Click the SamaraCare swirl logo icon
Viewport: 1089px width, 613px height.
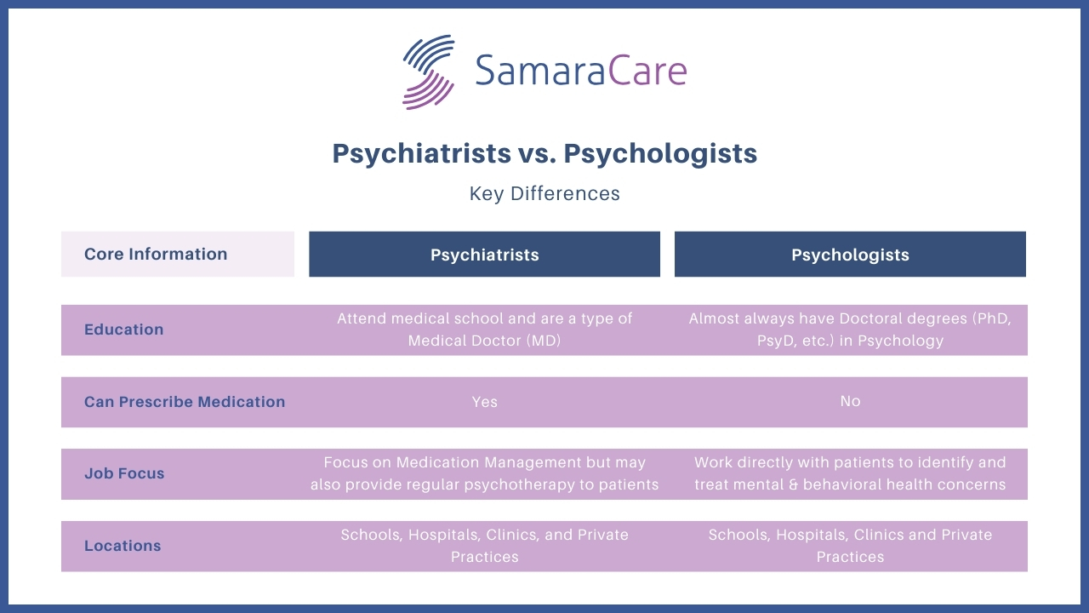tap(428, 72)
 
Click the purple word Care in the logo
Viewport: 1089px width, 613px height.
tap(647, 70)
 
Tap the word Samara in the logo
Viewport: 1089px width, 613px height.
tap(540, 70)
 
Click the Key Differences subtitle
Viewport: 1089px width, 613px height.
tap(544, 193)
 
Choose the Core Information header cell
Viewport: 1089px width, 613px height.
tap(178, 254)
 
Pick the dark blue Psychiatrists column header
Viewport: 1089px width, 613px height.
tap(484, 254)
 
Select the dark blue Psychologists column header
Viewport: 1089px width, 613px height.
tap(850, 254)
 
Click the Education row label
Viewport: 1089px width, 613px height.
tap(123, 329)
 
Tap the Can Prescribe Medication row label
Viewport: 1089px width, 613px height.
tap(185, 402)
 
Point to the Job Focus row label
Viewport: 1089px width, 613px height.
tap(124, 473)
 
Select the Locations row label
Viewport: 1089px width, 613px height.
tap(122, 546)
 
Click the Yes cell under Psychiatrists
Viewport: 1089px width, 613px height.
tap(484, 402)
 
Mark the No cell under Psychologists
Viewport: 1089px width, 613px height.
tap(850, 401)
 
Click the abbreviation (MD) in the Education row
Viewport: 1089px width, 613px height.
tap(544, 341)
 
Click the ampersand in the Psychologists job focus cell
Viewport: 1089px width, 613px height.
tap(793, 484)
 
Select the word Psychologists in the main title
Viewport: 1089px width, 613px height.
tap(660, 154)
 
